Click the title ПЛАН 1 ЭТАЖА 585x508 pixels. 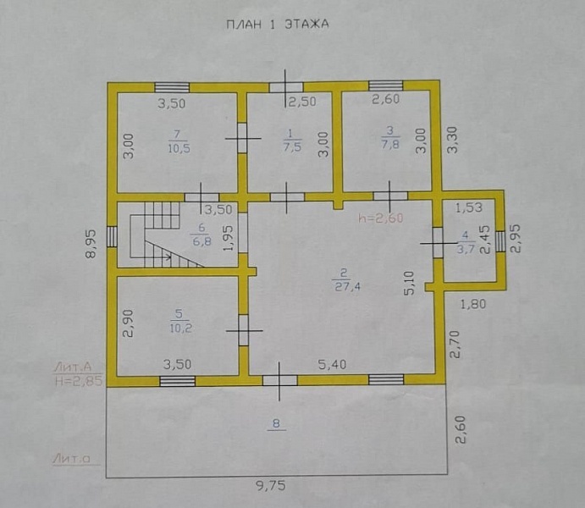[x=278, y=25]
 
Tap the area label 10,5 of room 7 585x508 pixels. [x=179, y=148]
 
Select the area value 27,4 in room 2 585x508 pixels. [x=346, y=286]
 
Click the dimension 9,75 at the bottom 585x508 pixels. [x=271, y=486]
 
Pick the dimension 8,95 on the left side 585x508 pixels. [x=91, y=244]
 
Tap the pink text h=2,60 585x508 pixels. [x=381, y=218]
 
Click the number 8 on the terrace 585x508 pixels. [x=276, y=423]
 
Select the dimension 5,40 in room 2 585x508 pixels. [x=332, y=364]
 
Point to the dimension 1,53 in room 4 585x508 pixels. [x=469, y=207]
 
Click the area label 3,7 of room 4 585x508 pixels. [x=466, y=248]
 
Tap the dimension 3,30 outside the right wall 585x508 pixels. [x=453, y=140]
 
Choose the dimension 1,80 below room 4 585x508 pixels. [x=473, y=304]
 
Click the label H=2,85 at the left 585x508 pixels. [x=79, y=381]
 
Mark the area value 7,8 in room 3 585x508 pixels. [x=390, y=144]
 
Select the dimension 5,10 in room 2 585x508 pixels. [x=409, y=284]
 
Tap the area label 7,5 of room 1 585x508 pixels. [x=292, y=146]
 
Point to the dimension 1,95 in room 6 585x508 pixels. [x=228, y=238]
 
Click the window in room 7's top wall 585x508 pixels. [x=172, y=87]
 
